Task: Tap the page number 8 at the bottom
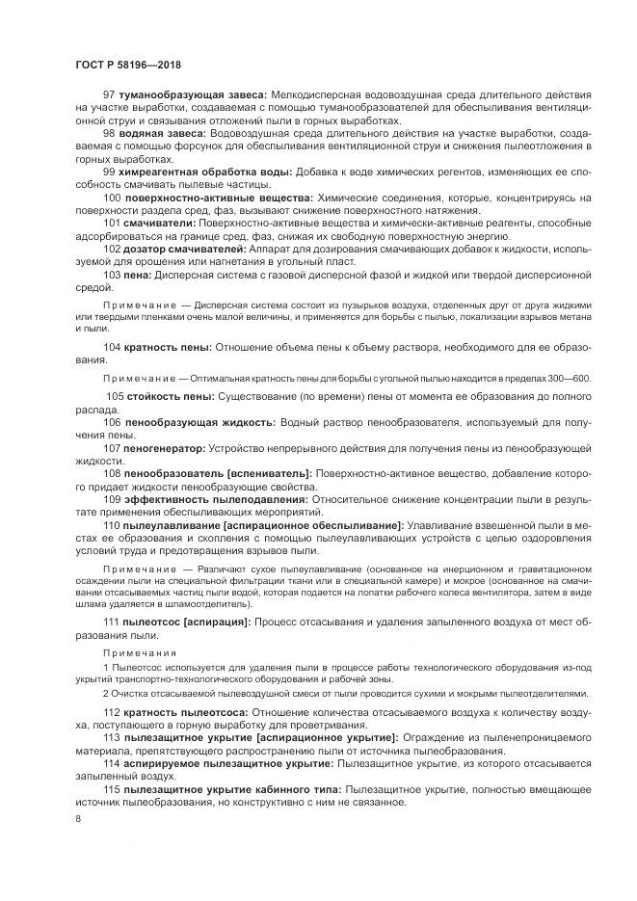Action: tap(78, 819)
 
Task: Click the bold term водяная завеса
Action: tap(155, 132)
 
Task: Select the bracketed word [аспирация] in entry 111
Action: tap(214, 623)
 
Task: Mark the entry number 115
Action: tap(111, 789)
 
